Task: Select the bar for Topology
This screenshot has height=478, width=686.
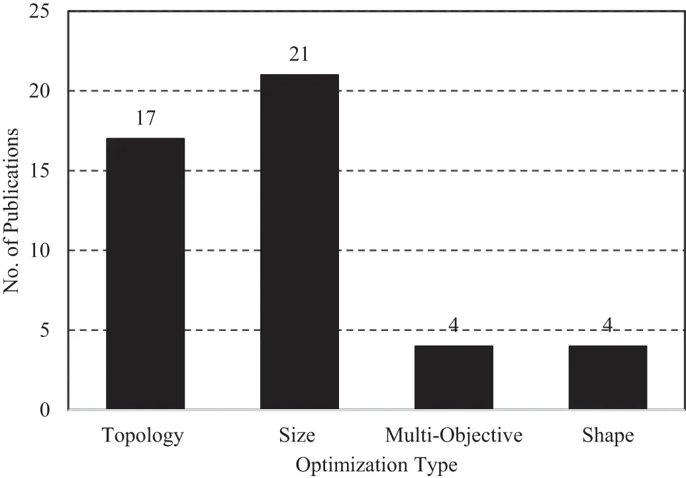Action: click(x=145, y=273)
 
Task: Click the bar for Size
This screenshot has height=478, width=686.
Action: click(x=299, y=242)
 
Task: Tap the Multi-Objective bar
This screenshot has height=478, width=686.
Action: click(x=454, y=377)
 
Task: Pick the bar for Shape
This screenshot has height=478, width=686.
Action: click(x=608, y=377)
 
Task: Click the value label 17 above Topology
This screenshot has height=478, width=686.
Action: click(x=146, y=119)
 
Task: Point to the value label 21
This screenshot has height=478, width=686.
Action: click(x=299, y=55)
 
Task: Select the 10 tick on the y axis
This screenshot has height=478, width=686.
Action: click(x=41, y=251)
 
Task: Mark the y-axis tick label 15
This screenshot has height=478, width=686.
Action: click(x=41, y=171)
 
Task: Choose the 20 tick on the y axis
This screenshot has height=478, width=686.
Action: click(x=41, y=91)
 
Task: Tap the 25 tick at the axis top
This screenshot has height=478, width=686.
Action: click(x=41, y=12)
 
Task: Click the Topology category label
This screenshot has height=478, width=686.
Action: click(x=142, y=436)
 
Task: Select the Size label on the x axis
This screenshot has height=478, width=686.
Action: click(x=297, y=436)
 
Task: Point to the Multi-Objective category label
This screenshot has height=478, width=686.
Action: click(x=454, y=436)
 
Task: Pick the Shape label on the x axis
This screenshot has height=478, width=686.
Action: click(x=608, y=436)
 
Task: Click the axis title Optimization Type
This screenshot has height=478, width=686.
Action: click(x=376, y=465)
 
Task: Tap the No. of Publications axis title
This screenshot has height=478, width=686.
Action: click(x=13, y=211)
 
